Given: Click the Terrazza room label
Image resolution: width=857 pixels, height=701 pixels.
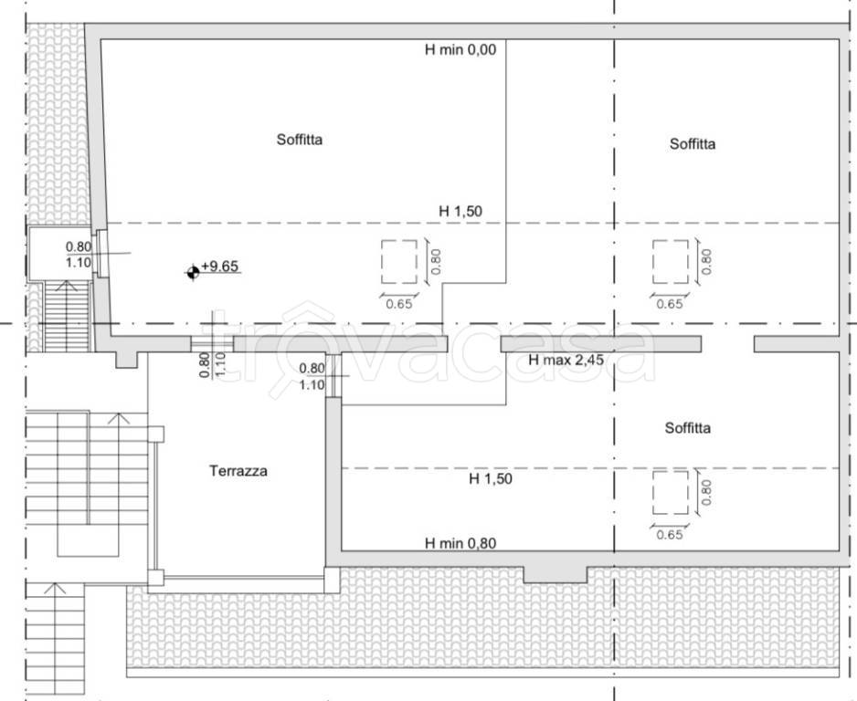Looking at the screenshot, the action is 238,471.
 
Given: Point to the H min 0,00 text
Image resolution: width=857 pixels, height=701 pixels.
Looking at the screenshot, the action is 460,49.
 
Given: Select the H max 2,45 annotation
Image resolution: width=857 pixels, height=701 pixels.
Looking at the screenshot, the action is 566,360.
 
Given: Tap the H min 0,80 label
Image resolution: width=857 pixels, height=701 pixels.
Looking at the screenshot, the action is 460,543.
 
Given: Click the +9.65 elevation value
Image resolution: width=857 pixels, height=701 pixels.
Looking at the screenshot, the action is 219,266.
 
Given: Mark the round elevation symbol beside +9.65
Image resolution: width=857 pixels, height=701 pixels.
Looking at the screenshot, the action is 193,272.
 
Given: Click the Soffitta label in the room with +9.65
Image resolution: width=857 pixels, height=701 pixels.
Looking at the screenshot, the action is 300,140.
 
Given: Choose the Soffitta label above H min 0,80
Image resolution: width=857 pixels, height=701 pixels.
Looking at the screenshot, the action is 688,427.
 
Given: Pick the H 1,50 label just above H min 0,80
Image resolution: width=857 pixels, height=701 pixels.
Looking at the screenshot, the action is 491,479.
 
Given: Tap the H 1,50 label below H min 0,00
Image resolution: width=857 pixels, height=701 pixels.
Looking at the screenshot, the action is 460,211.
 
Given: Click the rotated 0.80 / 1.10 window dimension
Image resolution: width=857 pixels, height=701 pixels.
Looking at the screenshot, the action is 212,365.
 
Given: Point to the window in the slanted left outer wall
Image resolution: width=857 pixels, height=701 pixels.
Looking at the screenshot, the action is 101,254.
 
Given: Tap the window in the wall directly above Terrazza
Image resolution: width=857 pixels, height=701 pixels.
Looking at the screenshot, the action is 212,344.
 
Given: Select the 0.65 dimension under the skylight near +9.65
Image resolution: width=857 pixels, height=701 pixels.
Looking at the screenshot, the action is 399,304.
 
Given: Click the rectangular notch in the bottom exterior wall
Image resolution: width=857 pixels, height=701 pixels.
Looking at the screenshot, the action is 555,575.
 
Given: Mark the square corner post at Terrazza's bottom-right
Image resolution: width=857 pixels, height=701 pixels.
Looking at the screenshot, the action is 332,580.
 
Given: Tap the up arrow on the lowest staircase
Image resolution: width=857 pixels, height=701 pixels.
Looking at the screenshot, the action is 54,589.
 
